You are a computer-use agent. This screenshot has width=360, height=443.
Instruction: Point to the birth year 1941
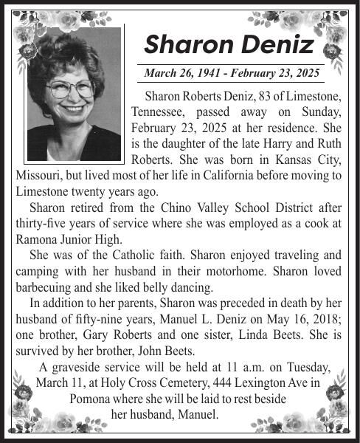pos(210,73)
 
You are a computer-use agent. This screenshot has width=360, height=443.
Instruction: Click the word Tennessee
pos(159,111)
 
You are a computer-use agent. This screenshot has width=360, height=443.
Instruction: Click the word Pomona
pos(89,399)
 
